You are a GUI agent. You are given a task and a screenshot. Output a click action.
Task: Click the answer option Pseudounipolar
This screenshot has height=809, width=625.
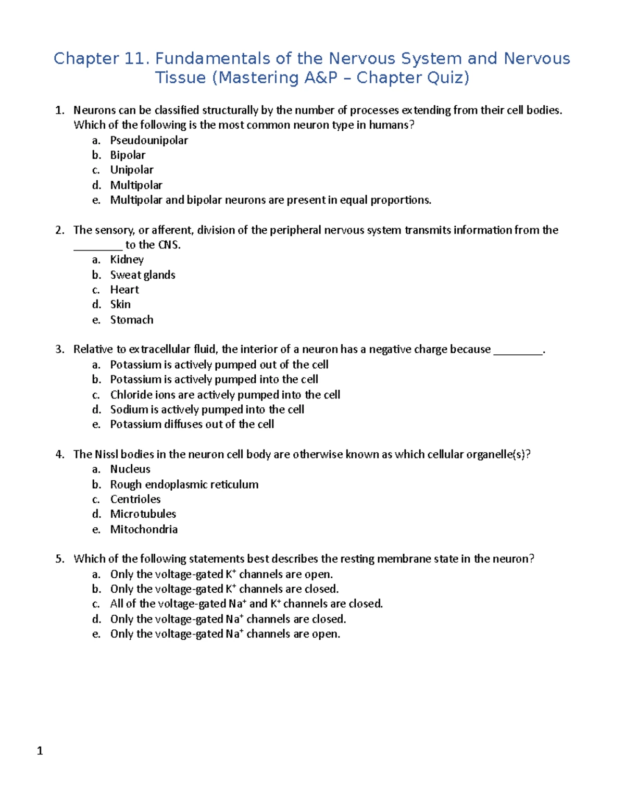coord(148,140)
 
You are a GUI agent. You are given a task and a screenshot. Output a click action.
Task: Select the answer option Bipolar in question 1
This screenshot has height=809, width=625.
coord(128,155)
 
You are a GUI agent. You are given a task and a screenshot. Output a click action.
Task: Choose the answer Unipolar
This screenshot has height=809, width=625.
coord(131,170)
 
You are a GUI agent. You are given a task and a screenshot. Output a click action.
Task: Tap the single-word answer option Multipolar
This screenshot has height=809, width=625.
coord(136,185)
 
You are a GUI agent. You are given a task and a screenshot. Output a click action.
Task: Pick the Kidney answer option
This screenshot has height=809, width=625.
coord(127,259)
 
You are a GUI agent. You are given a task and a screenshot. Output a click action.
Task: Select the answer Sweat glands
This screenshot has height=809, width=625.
coord(142,275)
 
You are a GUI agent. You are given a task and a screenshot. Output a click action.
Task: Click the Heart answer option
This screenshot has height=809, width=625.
coord(124,290)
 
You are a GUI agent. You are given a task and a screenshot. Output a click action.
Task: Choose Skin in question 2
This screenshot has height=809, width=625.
coord(120,304)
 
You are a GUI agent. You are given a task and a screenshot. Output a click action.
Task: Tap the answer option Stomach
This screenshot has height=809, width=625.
coord(131,319)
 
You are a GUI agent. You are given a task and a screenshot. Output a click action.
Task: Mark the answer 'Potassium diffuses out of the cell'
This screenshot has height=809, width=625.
coord(192,424)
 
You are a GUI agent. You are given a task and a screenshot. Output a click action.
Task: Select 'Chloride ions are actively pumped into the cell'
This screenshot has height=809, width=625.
coord(225,394)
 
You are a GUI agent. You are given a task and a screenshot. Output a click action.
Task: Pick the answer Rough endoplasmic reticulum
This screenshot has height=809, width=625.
coord(184,484)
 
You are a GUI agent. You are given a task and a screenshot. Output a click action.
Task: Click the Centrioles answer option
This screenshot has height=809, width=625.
coord(135,499)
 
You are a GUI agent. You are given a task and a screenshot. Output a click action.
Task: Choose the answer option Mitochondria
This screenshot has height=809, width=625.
coord(144,529)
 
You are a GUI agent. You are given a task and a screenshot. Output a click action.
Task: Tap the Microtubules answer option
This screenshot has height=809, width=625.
coord(143,514)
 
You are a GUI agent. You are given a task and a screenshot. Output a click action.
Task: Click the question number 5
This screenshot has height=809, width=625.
coord(59,559)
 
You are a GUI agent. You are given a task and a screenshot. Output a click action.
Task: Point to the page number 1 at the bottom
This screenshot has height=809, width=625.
coord(40,751)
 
